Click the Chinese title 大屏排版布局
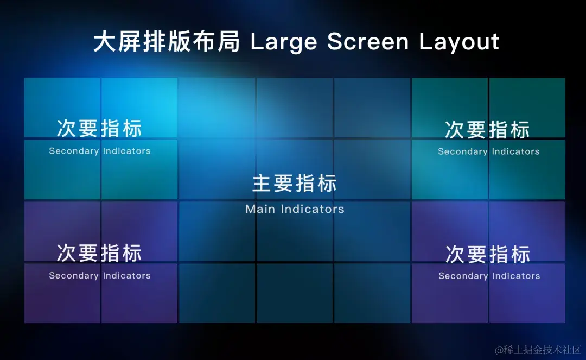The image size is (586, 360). click(167, 41)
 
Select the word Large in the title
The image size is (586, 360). click(284, 42)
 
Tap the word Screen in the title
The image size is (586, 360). click(368, 41)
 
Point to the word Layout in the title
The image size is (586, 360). click(459, 42)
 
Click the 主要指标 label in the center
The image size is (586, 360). click(295, 183)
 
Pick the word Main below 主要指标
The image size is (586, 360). click(260, 209)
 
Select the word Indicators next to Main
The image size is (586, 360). click(313, 209)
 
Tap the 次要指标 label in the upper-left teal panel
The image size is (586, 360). click(99, 128)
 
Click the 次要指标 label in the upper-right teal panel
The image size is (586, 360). click(487, 129)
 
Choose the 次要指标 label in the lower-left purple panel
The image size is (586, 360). click(99, 252)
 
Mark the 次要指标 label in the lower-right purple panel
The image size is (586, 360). click(488, 254)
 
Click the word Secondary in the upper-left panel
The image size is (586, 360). click(74, 151)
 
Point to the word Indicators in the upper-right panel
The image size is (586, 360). click(516, 151)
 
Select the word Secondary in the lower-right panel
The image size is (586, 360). click(463, 276)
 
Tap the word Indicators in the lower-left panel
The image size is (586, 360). click(126, 275)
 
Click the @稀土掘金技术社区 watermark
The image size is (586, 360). click(538, 350)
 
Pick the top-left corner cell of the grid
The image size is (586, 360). click(62, 108)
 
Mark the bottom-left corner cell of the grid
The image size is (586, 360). click(62, 293)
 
